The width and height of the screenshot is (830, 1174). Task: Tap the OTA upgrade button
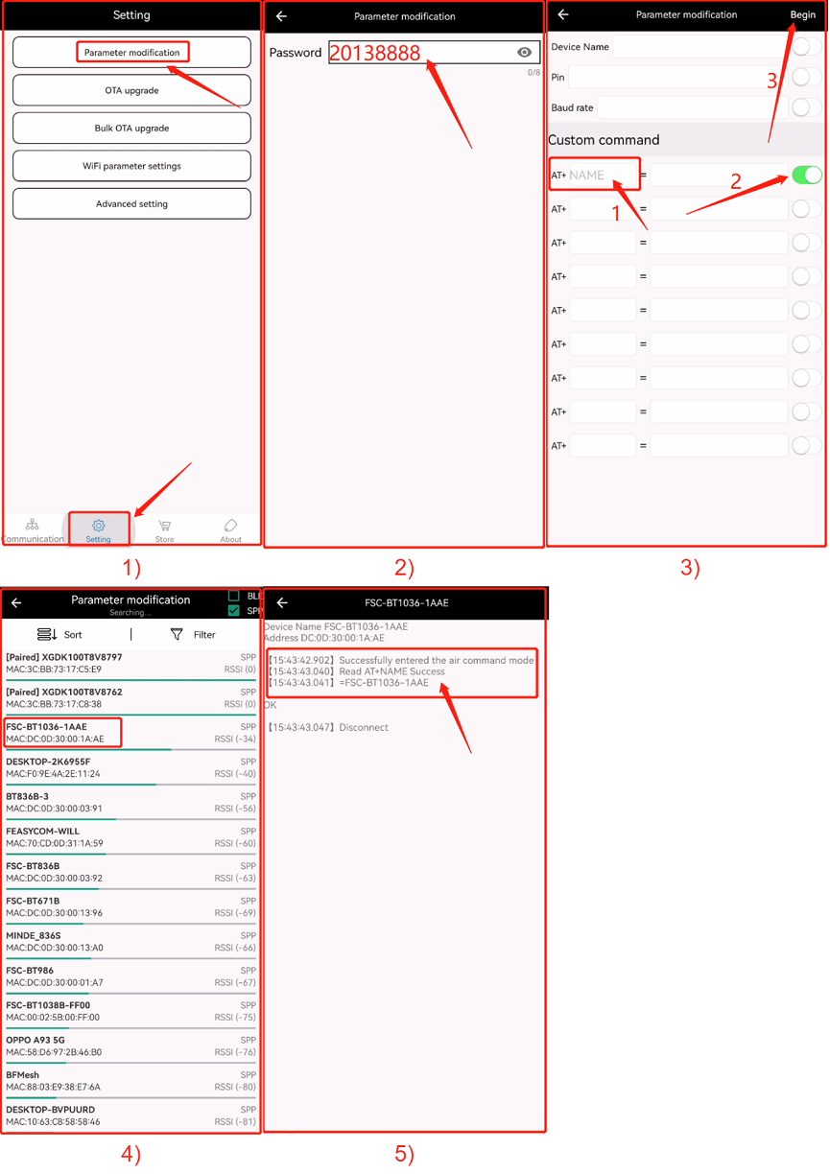(x=131, y=90)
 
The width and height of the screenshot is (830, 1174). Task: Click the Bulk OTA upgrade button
(x=131, y=128)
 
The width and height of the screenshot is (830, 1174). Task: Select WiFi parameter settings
(x=131, y=166)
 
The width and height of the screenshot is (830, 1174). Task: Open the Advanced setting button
(x=131, y=203)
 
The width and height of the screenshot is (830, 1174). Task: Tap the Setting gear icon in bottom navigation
(x=99, y=525)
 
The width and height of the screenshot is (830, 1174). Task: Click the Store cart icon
(x=165, y=526)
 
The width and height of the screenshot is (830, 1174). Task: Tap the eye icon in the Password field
(x=524, y=52)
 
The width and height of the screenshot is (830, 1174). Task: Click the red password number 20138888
(x=374, y=53)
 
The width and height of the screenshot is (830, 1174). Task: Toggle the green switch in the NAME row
(x=806, y=175)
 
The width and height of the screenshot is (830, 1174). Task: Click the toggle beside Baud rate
(x=806, y=107)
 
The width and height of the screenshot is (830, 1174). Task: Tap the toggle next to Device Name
(x=806, y=46)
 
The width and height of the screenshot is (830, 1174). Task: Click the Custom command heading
(x=604, y=140)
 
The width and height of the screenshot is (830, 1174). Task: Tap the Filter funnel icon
(x=177, y=634)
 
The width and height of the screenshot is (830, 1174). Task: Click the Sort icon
(x=47, y=634)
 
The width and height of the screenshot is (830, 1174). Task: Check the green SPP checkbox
(x=234, y=610)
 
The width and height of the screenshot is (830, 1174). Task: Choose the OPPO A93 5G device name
(x=36, y=1040)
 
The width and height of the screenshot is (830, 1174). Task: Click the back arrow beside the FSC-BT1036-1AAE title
(x=282, y=602)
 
